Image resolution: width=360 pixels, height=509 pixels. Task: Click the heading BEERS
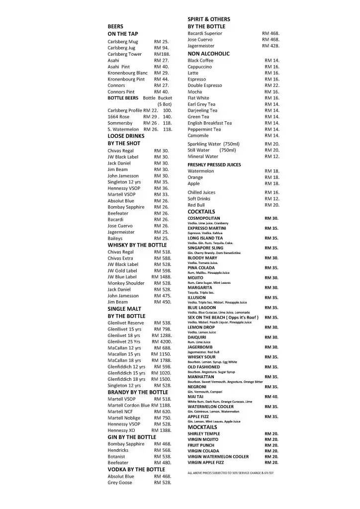click(115, 26)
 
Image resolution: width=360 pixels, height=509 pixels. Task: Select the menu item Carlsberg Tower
click(125, 54)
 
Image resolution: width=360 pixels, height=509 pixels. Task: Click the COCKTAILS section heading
click(201, 212)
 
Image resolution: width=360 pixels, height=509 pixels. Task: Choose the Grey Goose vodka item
click(120, 483)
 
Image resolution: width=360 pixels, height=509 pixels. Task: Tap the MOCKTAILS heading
click(202, 427)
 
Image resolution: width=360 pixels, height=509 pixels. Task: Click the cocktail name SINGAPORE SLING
click(205, 248)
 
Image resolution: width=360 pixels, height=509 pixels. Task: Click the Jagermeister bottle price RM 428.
click(270, 46)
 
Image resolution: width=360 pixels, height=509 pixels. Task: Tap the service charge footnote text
click(231, 472)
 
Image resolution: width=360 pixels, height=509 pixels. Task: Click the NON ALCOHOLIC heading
click(208, 54)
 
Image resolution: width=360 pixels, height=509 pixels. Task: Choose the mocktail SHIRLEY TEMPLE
click(204, 434)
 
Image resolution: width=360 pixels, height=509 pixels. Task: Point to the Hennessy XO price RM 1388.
click(162, 430)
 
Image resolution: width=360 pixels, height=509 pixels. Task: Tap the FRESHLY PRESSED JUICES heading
click(214, 165)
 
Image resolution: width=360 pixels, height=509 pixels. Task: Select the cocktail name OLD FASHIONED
click(204, 367)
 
